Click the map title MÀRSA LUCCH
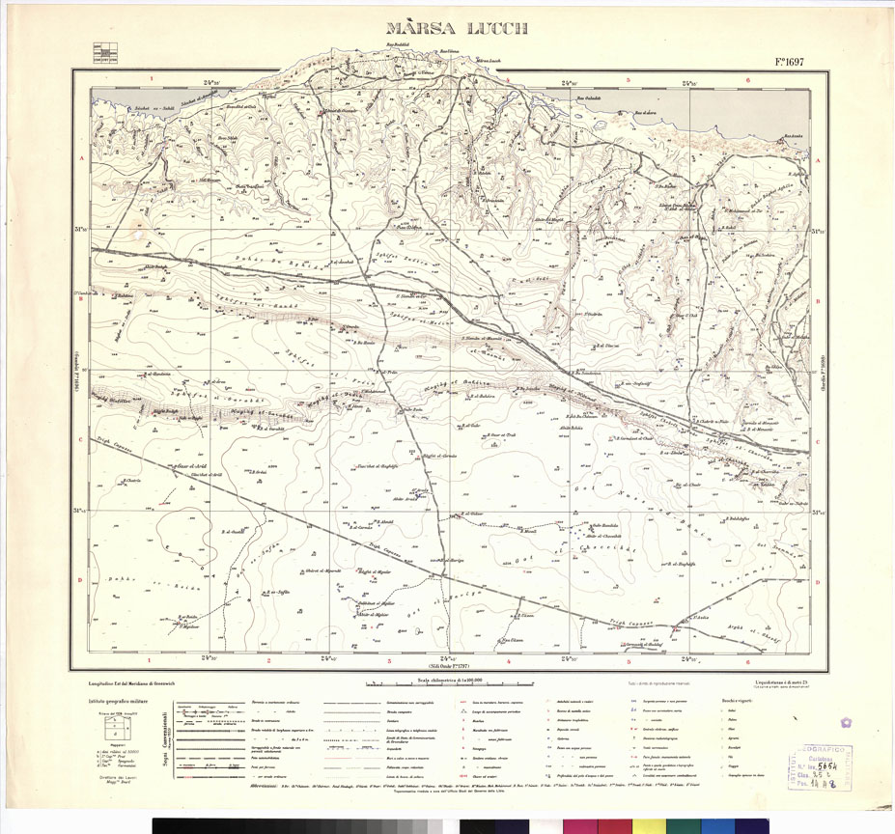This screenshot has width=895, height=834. coord(457,29)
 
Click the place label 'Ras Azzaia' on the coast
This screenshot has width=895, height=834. coord(794,135)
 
